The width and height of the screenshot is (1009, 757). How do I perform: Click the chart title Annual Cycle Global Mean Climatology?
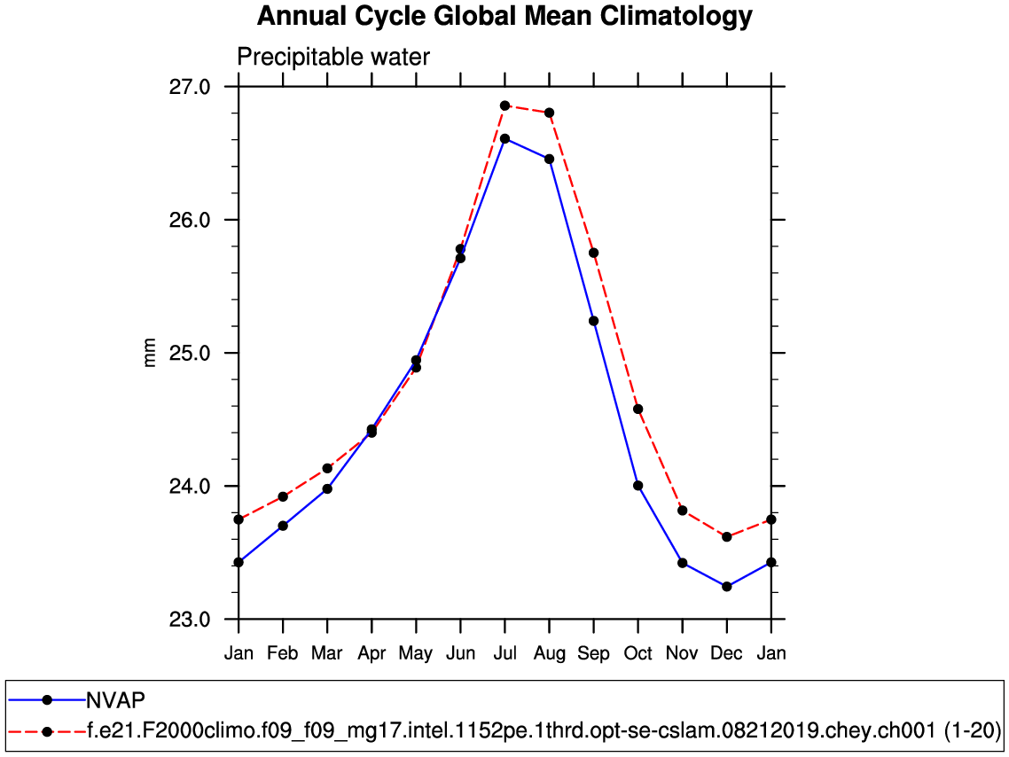[x=504, y=16]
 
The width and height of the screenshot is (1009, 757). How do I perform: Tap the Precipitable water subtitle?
[x=333, y=58]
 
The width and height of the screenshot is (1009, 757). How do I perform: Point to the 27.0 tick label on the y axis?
[x=189, y=87]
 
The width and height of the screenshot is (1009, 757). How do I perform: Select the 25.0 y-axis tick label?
[x=189, y=353]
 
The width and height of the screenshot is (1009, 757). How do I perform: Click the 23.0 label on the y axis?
[x=189, y=619]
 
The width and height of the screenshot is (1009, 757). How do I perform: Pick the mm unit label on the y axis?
[x=150, y=353]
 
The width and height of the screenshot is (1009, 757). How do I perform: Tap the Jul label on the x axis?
[x=504, y=653]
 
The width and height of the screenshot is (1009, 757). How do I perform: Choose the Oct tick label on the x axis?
[x=637, y=653]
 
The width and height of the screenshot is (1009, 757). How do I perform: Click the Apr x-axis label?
[x=372, y=653]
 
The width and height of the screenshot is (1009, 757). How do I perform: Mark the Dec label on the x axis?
[x=726, y=653]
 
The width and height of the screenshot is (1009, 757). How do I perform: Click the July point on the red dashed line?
[x=504, y=105]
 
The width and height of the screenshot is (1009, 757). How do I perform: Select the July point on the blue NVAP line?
[x=504, y=138]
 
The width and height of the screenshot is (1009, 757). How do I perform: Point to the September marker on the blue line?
[x=593, y=321]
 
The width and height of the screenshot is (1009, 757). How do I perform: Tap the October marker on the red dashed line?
[x=637, y=409]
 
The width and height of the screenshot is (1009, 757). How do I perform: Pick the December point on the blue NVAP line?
[x=726, y=587]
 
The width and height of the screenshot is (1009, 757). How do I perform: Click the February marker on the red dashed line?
[x=283, y=496]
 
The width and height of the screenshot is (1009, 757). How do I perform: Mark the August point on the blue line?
[x=549, y=159]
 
